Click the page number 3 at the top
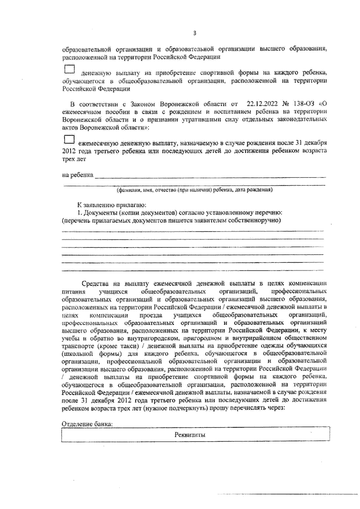(x=194, y=33)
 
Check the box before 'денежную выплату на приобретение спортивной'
(x=70, y=69)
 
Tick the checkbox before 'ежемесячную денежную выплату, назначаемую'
(x=70, y=140)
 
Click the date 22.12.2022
(x=262, y=104)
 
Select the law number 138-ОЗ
(x=303, y=104)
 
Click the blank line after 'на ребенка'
(x=210, y=176)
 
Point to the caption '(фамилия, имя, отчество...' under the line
(x=194, y=190)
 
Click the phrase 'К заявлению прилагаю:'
(x=112, y=205)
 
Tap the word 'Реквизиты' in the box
(x=190, y=435)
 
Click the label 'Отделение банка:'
(x=87, y=424)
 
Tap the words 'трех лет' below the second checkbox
(x=74, y=159)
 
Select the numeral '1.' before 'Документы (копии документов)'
(x=79, y=213)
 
